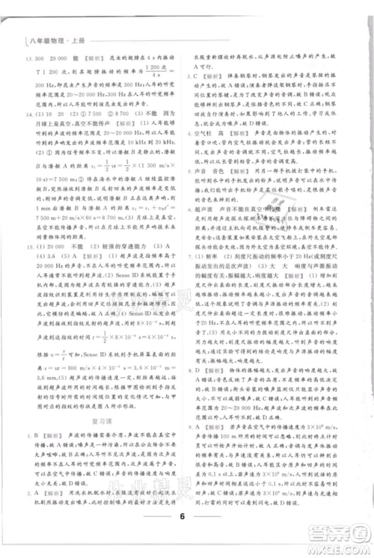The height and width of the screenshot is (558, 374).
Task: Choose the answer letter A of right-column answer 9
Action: click(x=208, y=423)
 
